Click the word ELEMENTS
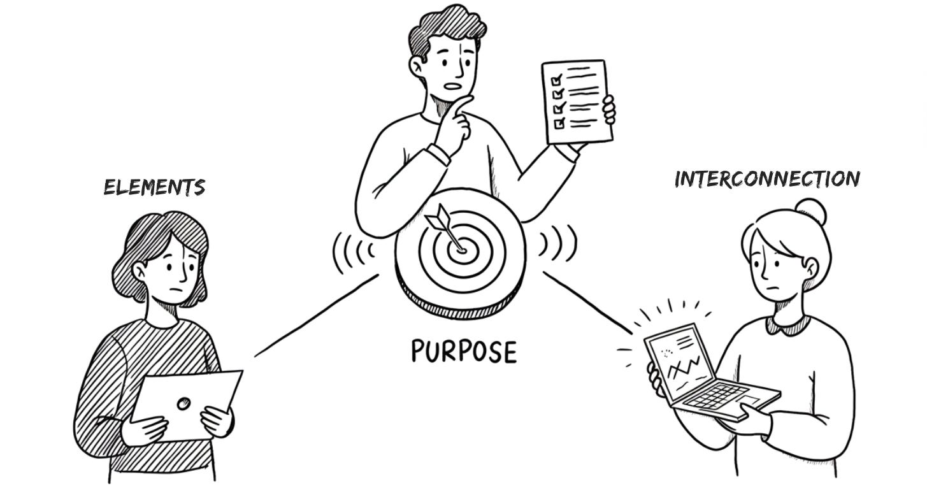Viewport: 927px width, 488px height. (154, 187)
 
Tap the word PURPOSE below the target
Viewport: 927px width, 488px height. (463, 351)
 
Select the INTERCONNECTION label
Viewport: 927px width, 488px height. (767, 179)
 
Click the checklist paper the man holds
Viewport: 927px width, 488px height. (576, 102)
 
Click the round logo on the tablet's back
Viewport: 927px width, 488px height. (183, 403)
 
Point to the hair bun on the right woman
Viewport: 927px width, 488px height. (810, 210)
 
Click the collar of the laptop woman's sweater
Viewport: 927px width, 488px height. (790, 325)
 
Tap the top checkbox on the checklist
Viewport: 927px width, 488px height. (557, 80)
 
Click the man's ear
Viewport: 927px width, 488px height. (417, 64)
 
